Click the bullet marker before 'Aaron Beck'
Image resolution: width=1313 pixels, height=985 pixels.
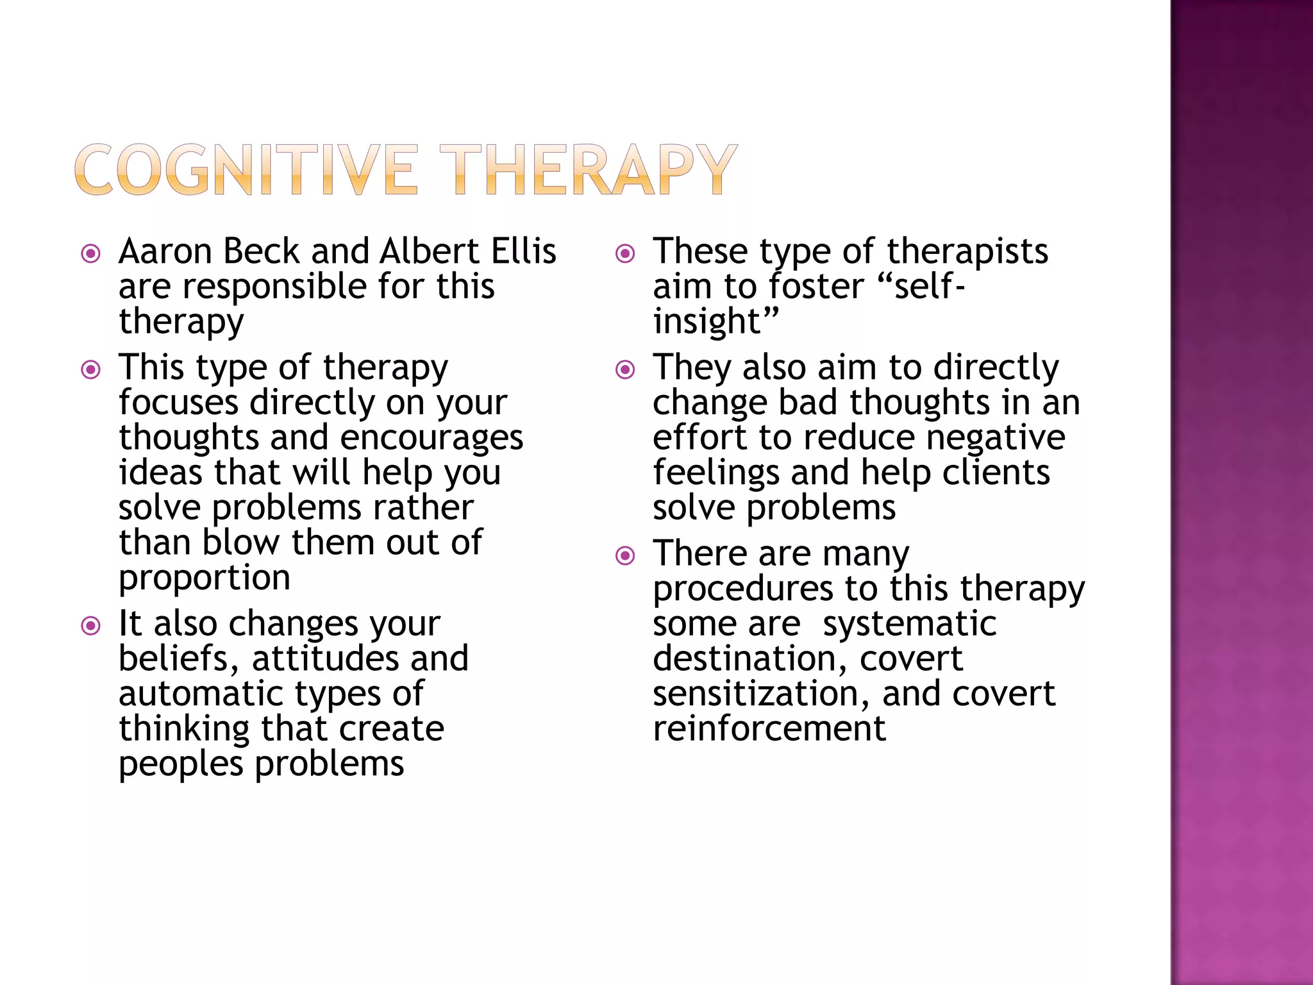click(x=91, y=254)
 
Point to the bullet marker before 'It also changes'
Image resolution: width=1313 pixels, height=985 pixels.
click(x=91, y=626)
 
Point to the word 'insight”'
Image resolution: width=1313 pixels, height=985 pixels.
click(x=715, y=321)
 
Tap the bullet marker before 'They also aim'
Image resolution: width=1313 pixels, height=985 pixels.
click(x=625, y=370)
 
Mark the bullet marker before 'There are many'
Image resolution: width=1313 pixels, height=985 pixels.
click(x=625, y=556)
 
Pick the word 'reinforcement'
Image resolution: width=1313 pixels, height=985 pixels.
click(x=769, y=729)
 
